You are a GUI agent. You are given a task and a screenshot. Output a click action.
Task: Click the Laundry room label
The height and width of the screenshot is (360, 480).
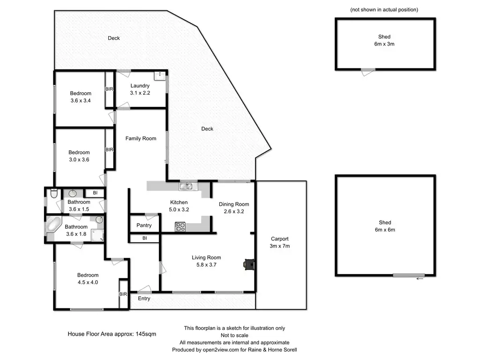click(140, 86)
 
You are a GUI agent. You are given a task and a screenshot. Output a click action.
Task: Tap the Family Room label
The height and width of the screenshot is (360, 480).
click(141, 138)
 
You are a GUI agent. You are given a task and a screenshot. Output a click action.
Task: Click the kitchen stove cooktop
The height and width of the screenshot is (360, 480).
click(180, 227)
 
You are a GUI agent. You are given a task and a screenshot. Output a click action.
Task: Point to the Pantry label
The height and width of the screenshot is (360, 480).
click(144, 225)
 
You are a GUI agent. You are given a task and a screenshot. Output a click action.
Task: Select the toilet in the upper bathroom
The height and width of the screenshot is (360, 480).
click(54, 193)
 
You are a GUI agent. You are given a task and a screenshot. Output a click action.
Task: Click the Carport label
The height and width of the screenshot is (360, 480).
click(279, 239)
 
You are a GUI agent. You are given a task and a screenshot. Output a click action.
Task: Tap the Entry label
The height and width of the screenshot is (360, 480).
click(144, 298)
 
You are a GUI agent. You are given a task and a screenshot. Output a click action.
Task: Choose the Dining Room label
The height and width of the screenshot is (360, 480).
click(234, 204)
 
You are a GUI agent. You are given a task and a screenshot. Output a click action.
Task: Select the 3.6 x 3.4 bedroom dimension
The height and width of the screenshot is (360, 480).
click(81, 100)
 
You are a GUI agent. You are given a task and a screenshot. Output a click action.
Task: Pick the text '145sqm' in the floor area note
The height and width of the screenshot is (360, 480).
click(146, 334)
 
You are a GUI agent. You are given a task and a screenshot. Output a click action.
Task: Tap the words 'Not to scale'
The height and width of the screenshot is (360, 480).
click(234, 335)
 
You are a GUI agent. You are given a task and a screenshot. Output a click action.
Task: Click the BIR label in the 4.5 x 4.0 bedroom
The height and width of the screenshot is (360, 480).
click(123, 294)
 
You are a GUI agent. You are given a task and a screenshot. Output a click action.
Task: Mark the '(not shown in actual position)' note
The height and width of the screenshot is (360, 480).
click(384, 9)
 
